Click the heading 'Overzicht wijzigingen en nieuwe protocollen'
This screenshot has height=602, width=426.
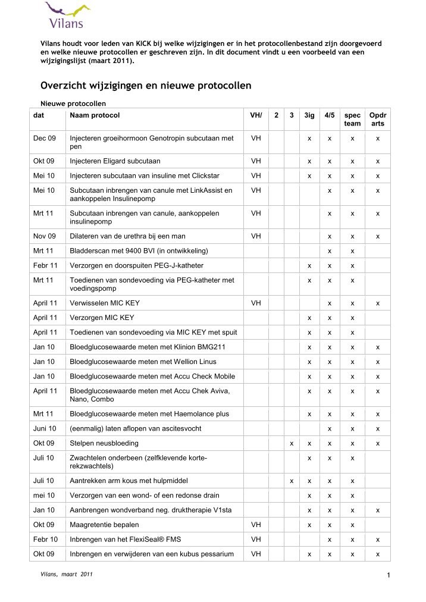pos(145,85)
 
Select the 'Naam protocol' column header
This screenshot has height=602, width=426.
pos(95,115)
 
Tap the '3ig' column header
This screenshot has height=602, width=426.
pos(309,115)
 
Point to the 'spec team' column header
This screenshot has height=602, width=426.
pos(352,119)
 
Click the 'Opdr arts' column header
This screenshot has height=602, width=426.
pos(377,119)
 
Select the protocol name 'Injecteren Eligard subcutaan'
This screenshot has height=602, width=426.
pos(115,161)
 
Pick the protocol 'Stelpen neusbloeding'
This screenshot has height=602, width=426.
pos(104,443)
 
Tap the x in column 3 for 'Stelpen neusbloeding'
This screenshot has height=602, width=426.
pos(292,443)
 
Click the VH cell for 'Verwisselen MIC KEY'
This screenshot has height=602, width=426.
pos(256,303)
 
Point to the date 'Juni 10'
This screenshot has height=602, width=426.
pos(45,428)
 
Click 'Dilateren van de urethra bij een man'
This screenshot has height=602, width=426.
pos(129,236)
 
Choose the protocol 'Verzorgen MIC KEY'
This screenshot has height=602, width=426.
pos(102,318)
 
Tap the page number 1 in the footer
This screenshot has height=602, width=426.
pos(388,574)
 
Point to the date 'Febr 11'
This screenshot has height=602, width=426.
pos(45,265)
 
